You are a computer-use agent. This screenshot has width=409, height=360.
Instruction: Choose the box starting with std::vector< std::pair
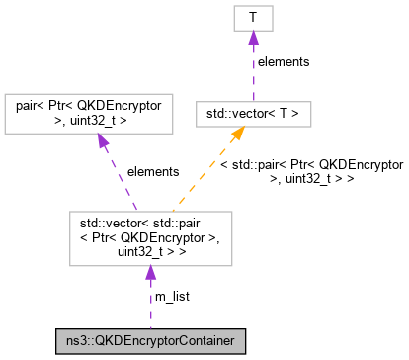[150, 236]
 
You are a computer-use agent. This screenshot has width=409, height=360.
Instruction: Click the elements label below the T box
[283, 61]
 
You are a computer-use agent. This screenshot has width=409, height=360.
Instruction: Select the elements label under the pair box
[152, 171]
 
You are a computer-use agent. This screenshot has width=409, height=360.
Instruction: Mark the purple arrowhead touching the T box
[253, 38]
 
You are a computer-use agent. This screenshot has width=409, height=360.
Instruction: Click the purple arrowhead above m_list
[150, 272]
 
